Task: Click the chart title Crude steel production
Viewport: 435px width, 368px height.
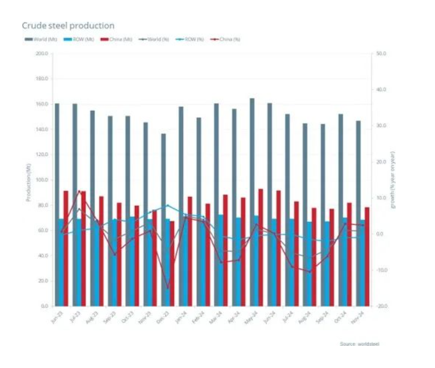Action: (68, 25)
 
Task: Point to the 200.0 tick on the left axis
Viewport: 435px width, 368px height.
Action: (42, 54)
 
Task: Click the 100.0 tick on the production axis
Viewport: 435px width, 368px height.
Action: (42, 180)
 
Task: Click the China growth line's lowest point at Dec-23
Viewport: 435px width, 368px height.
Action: (168, 288)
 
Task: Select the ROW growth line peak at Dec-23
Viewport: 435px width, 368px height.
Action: (168, 205)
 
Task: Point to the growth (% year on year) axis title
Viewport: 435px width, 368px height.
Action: (394, 181)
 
